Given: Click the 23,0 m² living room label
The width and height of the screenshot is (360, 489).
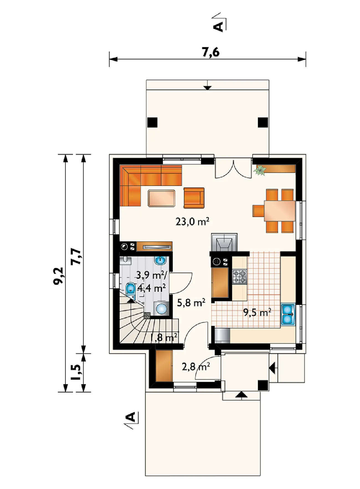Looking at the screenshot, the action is click(192, 222).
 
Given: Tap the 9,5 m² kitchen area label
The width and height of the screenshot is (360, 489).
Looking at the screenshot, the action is click(257, 312).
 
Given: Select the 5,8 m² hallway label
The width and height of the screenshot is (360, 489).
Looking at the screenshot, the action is click(191, 303).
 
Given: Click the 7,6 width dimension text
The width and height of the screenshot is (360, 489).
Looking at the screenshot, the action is click(211, 52).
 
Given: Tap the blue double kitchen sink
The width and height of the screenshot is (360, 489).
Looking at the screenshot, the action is click(288, 314).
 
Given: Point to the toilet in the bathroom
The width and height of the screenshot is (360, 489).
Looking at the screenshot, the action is click(130, 288).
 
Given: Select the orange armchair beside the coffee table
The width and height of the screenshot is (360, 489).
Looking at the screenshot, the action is click(194, 198).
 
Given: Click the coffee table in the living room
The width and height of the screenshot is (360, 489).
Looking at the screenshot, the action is click(162, 198).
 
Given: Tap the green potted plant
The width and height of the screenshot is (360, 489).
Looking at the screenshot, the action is click(260, 170).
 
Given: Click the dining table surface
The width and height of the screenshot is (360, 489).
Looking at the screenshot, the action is click(280, 211).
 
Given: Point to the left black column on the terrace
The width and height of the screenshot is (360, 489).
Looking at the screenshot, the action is click(152, 122).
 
